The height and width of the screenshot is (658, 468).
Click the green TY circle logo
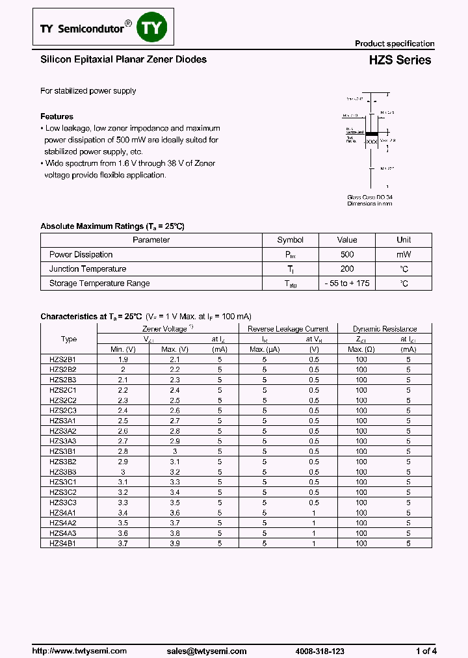[x=154, y=28]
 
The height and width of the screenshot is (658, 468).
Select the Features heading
[x=57, y=116]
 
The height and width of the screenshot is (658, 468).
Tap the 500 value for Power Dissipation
[x=347, y=254]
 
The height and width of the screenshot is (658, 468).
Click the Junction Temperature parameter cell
[x=88, y=269]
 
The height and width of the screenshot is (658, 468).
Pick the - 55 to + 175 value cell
[x=347, y=283]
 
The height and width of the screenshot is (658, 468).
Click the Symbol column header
[x=290, y=240]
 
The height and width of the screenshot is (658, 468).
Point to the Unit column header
[x=404, y=240]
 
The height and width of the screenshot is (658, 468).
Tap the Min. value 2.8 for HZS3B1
[x=123, y=451]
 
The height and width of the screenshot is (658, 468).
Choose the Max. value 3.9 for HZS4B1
[x=174, y=543]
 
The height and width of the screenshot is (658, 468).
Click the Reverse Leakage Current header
[x=288, y=329]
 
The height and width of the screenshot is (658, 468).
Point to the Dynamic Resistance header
[x=384, y=329]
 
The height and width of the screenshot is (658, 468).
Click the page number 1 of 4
[x=426, y=651]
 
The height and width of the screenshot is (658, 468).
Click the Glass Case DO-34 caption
[x=369, y=197]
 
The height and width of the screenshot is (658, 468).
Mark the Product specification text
[x=394, y=44]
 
